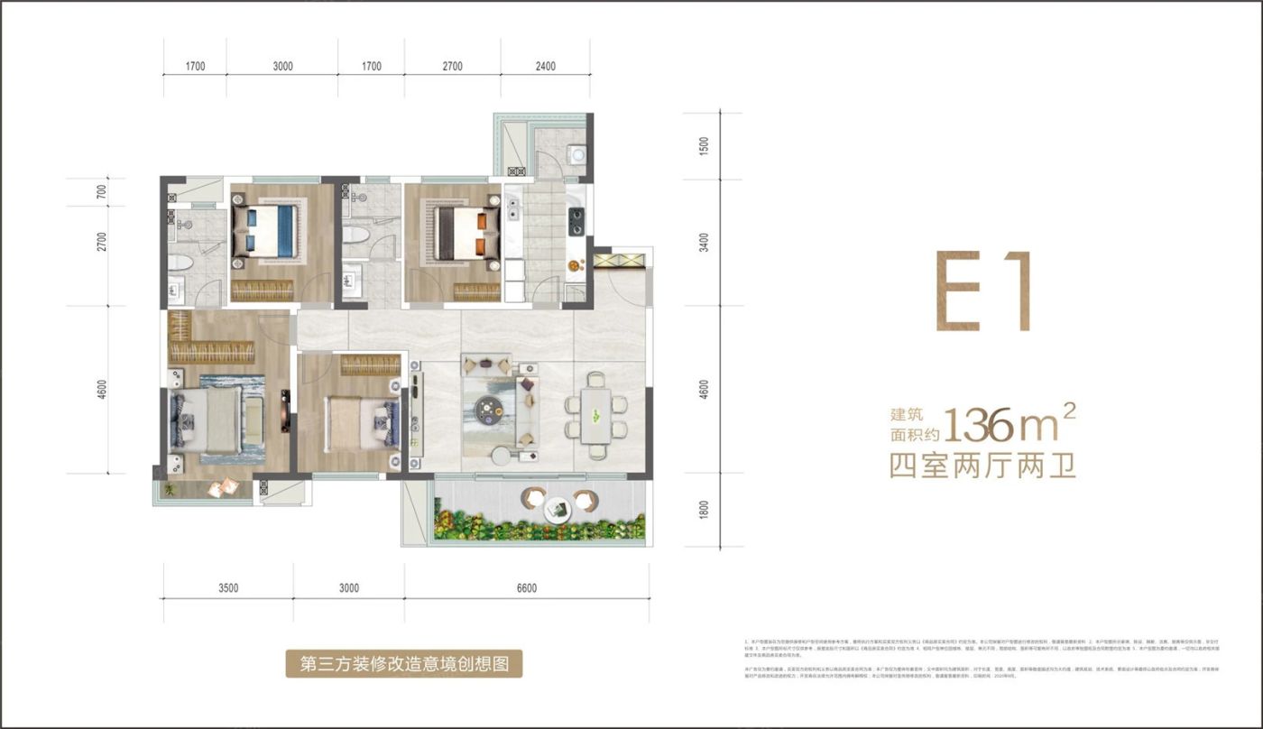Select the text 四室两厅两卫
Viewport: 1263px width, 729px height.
[982, 466]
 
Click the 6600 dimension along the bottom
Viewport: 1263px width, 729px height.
[527, 588]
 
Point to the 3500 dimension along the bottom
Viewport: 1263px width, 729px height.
[227, 588]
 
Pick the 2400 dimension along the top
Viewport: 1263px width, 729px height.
[545, 66]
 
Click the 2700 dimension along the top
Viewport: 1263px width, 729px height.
[452, 66]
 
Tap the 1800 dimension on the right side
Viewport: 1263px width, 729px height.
[704, 511]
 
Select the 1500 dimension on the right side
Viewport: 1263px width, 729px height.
[704, 146]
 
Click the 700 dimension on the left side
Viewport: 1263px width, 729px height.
[102, 191]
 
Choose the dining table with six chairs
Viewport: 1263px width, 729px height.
[595, 416]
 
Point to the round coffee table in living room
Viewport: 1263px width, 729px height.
[492, 411]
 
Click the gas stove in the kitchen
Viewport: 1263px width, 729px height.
[575, 221]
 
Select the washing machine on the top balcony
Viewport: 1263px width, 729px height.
[576, 155]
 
